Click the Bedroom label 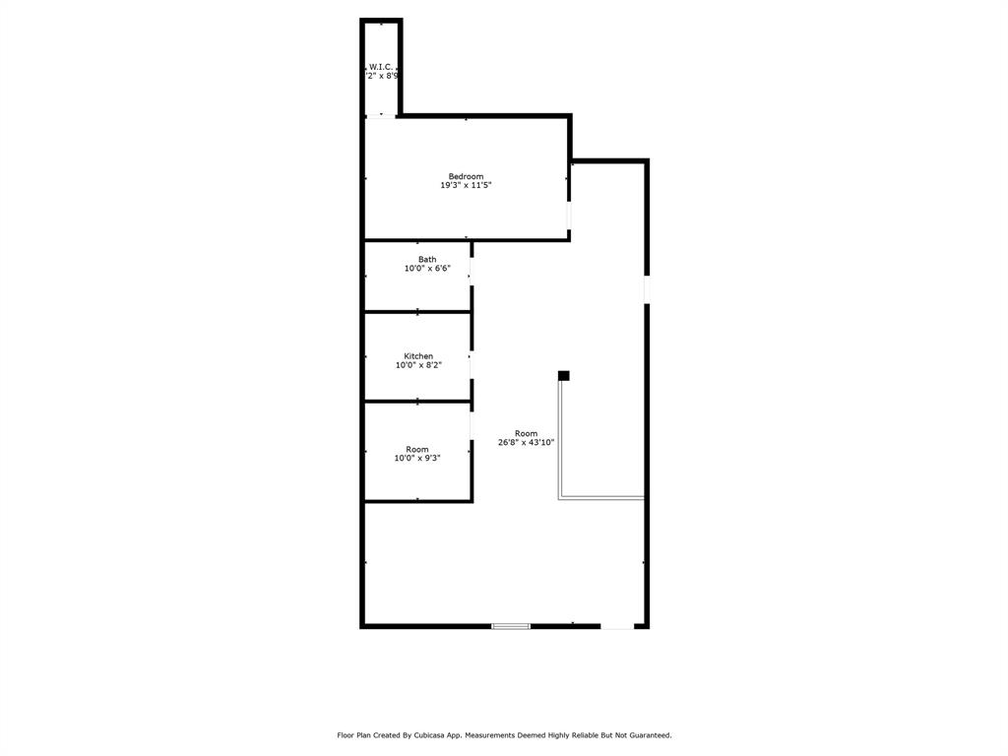(466, 176)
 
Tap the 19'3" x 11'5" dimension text (466, 185)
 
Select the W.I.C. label (381, 67)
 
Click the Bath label (427, 260)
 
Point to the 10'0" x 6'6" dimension (427, 269)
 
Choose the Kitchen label (418, 356)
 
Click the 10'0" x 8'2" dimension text (418, 365)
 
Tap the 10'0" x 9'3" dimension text (417, 458)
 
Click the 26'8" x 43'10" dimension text (526, 443)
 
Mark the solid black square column (564, 375)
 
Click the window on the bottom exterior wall (511, 625)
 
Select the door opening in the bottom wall (617, 625)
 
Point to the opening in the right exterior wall (647, 289)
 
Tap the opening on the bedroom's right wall (569, 216)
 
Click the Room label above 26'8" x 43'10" (526, 433)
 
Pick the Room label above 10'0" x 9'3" (417, 449)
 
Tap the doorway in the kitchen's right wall (472, 365)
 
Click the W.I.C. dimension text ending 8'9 (382, 76)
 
